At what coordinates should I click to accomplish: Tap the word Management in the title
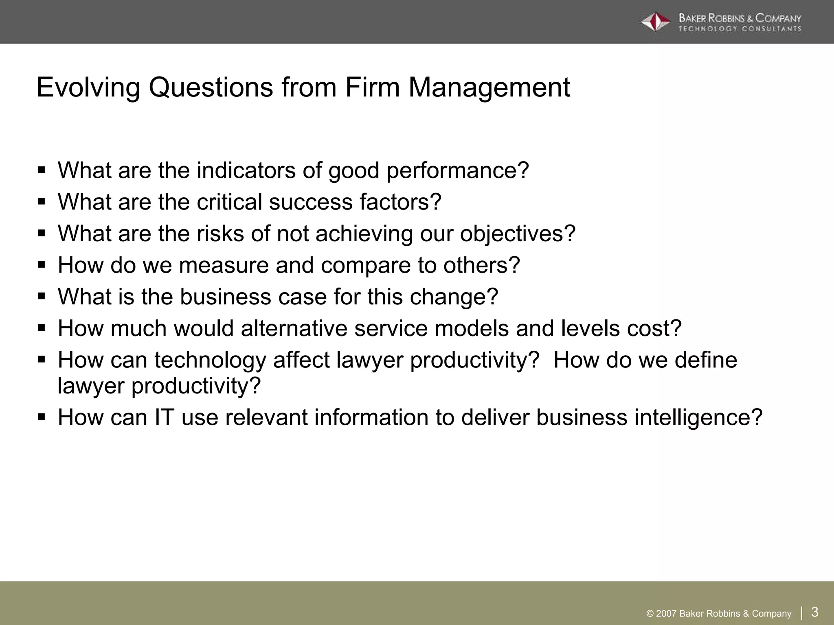pos(489,87)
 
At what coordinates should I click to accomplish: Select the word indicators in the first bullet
pos(246,170)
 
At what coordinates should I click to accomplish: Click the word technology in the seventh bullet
pos(210,361)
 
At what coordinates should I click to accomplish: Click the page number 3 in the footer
pos(815,612)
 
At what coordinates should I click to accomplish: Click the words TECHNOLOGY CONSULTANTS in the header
pos(740,29)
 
